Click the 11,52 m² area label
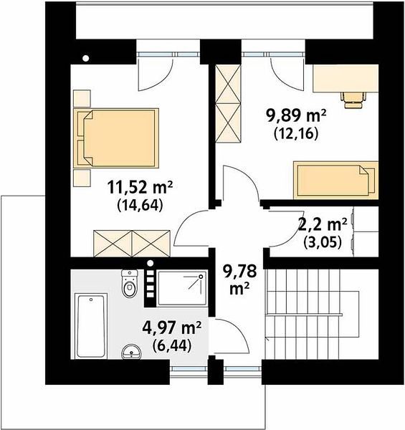tap(140, 187)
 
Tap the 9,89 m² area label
tap(296, 116)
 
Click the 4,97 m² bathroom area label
tap(172, 328)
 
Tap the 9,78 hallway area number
tap(240, 272)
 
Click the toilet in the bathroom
tap(130, 283)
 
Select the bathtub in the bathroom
tap(91, 325)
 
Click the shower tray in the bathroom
tap(182, 288)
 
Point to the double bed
tap(116, 138)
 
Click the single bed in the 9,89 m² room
tap(336, 180)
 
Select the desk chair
tap(353, 100)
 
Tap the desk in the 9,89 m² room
tap(346, 78)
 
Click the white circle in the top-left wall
tap(86, 59)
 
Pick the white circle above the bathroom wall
tap(150, 263)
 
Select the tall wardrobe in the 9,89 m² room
tap(228, 103)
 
